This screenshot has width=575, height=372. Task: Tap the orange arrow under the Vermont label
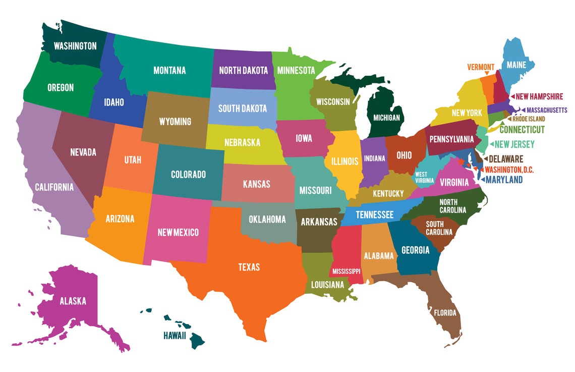[x=486, y=73]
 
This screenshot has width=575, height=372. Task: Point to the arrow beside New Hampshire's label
[x=512, y=96]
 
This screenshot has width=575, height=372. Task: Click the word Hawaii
[x=175, y=335]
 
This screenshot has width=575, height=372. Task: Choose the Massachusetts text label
[x=547, y=110]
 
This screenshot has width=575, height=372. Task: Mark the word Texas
[x=249, y=267]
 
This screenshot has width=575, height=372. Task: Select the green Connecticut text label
[x=522, y=130]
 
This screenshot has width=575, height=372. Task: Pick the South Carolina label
[x=438, y=228]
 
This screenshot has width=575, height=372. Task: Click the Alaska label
[x=73, y=301]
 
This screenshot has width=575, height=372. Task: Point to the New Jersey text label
[x=514, y=145]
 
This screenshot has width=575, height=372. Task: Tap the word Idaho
[x=114, y=102]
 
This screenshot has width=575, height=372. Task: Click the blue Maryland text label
[x=504, y=179]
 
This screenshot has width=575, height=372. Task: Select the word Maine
[x=516, y=65]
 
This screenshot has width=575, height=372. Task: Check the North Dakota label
[x=243, y=71]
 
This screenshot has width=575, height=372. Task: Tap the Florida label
[x=445, y=313]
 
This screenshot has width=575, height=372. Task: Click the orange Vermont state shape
[x=487, y=88]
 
